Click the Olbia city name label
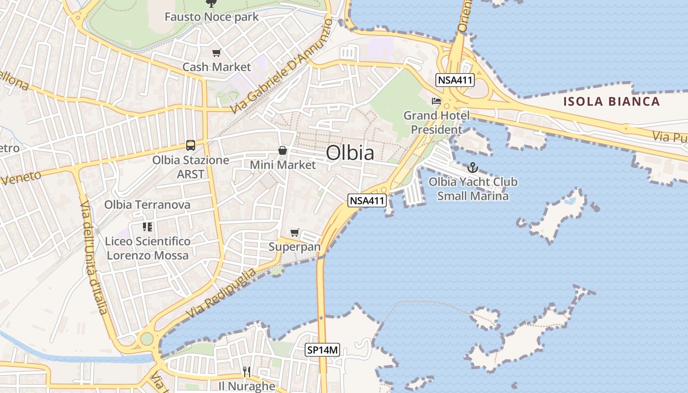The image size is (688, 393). coord(350,153)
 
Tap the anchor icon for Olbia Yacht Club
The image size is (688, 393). coord(473,168)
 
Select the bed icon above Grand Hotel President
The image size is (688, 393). coord(436,101)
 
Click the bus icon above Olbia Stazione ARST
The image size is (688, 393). coord(191,145)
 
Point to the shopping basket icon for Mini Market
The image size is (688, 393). coord(283,150)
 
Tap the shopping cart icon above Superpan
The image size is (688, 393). coord(294,232)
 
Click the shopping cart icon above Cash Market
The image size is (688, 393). coord(217,53)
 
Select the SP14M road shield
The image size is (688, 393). coord(322,350)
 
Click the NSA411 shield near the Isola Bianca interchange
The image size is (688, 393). coord(455,80)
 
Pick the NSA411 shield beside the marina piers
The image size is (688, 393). coord(367,200)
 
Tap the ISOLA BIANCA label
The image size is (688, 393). coord(611,102)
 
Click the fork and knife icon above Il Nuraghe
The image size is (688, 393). coord(247,371)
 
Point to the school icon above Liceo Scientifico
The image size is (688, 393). coord(147,227)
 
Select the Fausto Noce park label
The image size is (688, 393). coord(211,17)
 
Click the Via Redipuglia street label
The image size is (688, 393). coord(222,293)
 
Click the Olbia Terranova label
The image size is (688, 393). coord(147,204)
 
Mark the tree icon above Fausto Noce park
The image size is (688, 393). coord(211,3)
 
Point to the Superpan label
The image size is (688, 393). coord(294,247)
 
